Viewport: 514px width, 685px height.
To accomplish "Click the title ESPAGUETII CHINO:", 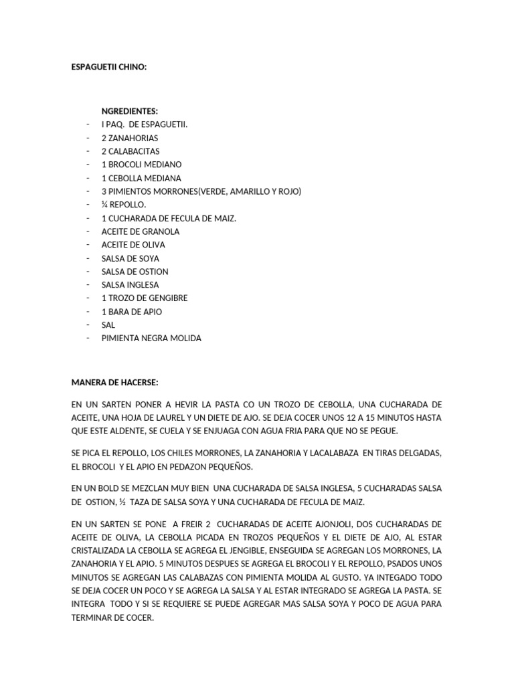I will [x=108, y=68].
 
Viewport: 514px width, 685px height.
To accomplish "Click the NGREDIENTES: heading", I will [x=130, y=111].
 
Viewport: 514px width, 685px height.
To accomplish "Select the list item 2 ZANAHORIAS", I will [x=130, y=138].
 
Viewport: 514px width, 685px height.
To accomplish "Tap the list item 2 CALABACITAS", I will [x=131, y=151].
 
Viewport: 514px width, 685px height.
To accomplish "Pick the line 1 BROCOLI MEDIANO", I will [x=141, y=165].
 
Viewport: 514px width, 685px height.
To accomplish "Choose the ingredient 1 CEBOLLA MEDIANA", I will [x=141, y=178].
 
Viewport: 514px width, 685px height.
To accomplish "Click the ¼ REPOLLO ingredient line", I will [x=124, y=205].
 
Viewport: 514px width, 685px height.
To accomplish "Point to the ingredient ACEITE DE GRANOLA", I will [x=141, y=231].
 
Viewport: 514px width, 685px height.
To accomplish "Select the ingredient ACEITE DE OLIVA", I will [x=133, y=245].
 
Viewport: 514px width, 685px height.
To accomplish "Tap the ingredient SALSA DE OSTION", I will [x=135, y=272].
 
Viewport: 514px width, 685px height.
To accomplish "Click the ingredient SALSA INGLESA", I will [x=130, y=285].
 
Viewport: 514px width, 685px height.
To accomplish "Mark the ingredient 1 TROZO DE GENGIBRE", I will [x=145, y=298].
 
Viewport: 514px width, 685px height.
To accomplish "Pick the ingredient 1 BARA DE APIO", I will [x=132, y=312].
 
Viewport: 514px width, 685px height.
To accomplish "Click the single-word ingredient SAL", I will [x=108, y=325].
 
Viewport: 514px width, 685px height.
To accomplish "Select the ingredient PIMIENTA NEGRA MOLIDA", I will [x=151, y=338].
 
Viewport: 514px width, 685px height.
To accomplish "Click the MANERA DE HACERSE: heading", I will [x=114, y=382].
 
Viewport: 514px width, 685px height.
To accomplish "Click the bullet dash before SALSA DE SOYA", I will [x=88, y=258].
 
